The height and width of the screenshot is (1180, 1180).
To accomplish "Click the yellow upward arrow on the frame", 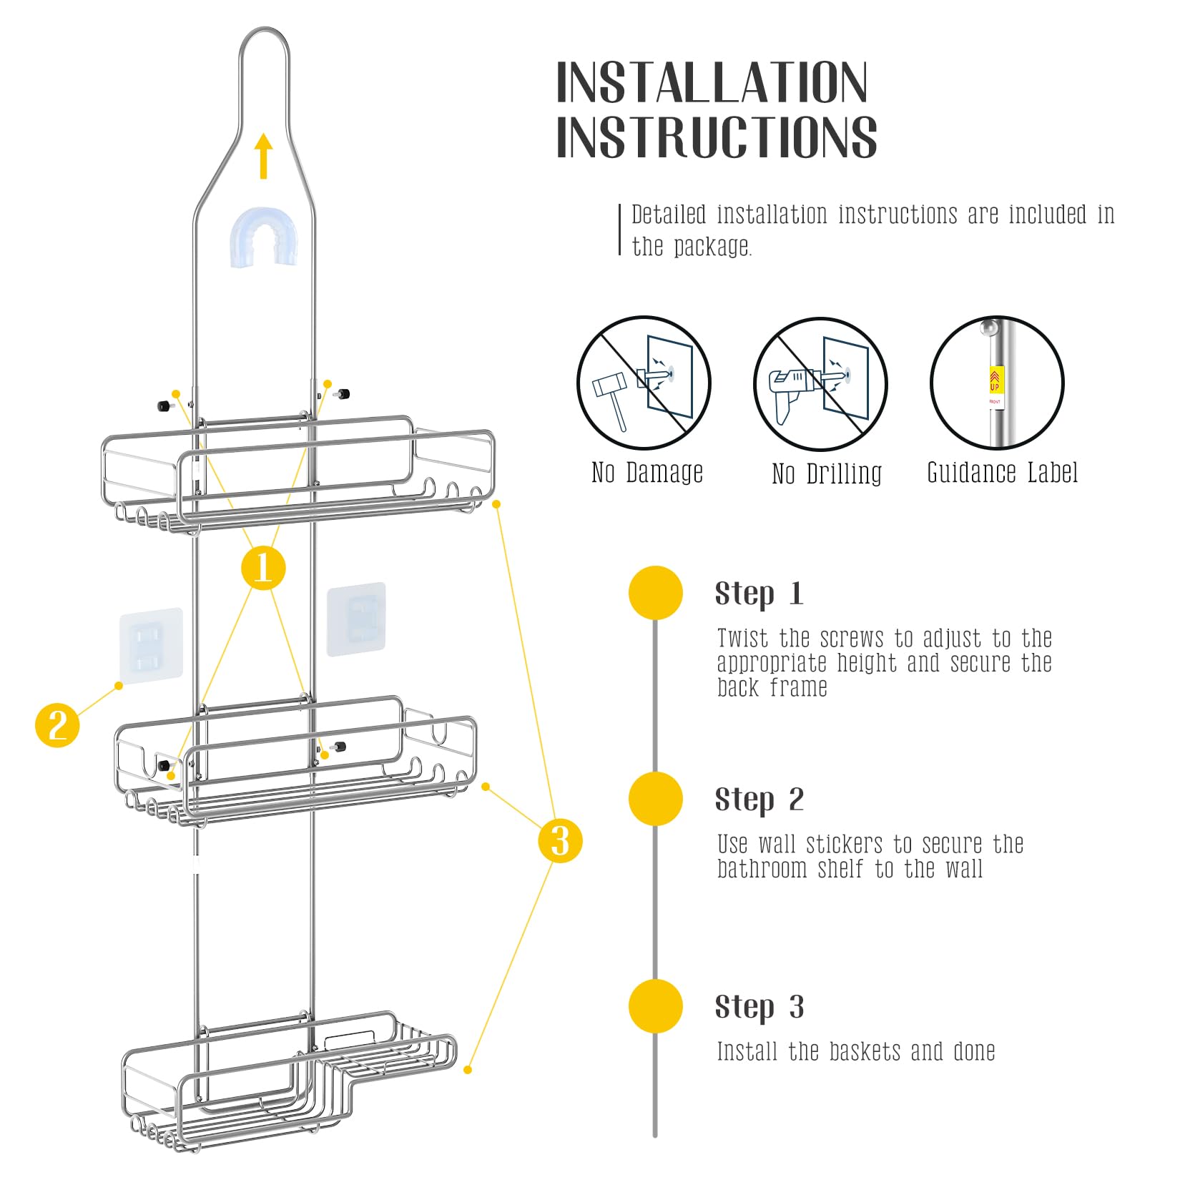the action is pyautogui.click(x=264, y=156).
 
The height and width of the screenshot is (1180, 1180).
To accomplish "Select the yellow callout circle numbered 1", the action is pyautogui.click(x=263, y=568).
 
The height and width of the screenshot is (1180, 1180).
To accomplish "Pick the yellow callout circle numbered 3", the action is pyautogui.click(x=560, y=840).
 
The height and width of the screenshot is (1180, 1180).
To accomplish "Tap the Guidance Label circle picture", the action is pyautogui.click(x=997, y=383).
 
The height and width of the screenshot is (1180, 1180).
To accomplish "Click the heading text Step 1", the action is pyautogui.click(x=759, y=594).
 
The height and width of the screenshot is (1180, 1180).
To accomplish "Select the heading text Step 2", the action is pyautogui.click(x=759, y=800).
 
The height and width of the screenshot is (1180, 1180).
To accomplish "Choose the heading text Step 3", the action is pyautogui.click(x=759, y=1007).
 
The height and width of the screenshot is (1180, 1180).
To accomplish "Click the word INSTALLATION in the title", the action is pyautogui.click(x=712, y=83).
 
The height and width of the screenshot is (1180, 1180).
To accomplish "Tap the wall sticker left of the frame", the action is pyautogui.click(x=151, y=645).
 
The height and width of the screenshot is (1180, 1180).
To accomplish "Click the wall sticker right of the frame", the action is pyautogui.click(x=356, y=619).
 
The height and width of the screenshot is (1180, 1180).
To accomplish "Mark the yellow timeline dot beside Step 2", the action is pyautogui.click(x=656, y=799).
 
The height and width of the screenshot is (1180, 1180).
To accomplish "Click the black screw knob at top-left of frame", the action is pyautogui.click(x=164, y=406).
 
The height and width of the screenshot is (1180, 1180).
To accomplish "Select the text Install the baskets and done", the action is pyautogui.click(x=856, y=1051).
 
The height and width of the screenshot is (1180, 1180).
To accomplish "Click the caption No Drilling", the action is pyautogui.click(x=827, y=473).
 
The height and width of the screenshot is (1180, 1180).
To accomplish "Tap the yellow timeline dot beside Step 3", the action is pyautogui.click(x=656, y=1006).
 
